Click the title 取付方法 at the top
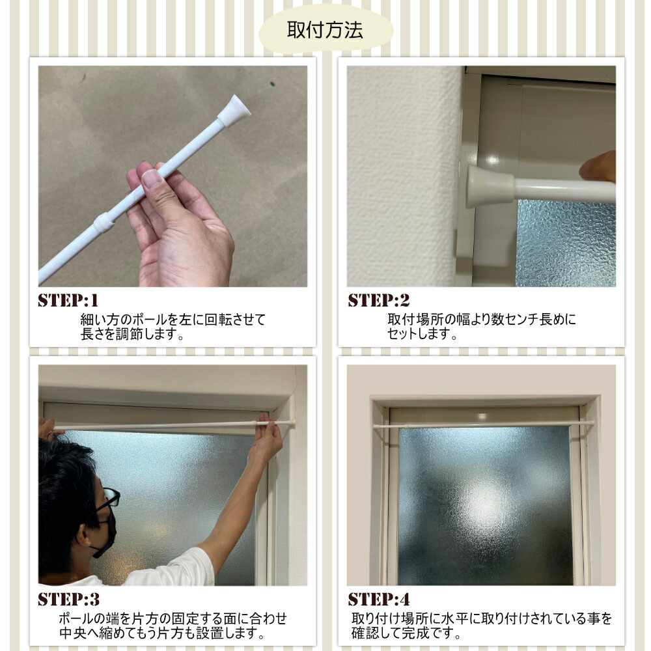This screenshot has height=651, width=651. pos(325,30)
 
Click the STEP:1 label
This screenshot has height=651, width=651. pos(68,300)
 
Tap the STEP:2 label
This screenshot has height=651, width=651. pos(379,300)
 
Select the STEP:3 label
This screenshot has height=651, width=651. pos(69,599)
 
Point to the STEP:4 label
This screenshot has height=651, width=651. pos(379,599)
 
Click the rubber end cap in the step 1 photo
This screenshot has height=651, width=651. pos(233,110)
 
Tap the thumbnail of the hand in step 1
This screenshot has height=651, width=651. pos(152,178)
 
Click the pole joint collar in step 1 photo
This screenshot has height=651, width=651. pos(104,223)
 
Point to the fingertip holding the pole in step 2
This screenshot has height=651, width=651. pos(598,166)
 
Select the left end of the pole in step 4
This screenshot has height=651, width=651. pos(374,426)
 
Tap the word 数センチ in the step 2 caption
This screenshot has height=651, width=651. pos(515,319)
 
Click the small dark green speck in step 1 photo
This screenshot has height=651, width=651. pos(273,83)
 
